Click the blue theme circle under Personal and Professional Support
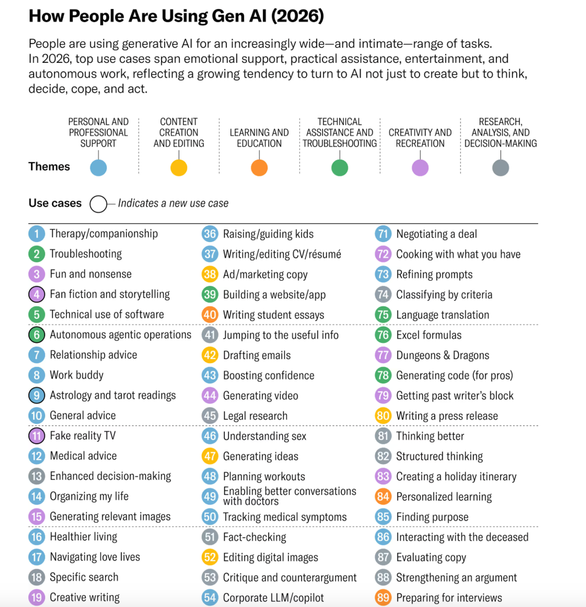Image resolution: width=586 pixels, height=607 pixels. tap(98, 168)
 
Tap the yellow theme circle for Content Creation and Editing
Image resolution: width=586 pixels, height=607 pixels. tap(179, 168)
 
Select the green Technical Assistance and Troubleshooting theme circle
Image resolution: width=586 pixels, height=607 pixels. tap(340, 168)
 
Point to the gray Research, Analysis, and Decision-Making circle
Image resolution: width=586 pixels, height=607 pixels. tap(500, 168)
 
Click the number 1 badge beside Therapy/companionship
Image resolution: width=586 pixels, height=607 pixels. tap(37, 234)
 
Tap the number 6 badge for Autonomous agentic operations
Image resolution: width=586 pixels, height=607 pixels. tap(37, 334)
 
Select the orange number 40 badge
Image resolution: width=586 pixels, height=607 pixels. tap(210, 315)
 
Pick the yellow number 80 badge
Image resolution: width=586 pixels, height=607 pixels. tap(383, 415)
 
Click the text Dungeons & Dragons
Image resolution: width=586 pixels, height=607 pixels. tap(442, 355)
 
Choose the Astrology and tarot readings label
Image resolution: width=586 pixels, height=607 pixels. tap(113, 395)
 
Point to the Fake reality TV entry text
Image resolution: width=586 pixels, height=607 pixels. tap(83, 436)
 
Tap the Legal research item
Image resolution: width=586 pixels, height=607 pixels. tap(255, 416)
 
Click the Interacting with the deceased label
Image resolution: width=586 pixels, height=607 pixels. tap(462, 537)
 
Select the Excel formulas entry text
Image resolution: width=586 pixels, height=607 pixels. tap(429, 335)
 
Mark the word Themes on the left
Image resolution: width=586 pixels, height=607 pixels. tap(49, 167)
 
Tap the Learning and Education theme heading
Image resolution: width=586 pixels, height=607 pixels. tap(259, 138)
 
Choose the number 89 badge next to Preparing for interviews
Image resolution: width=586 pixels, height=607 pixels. tap(383, 597)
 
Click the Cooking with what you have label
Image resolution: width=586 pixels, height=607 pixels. tap(458, 254)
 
